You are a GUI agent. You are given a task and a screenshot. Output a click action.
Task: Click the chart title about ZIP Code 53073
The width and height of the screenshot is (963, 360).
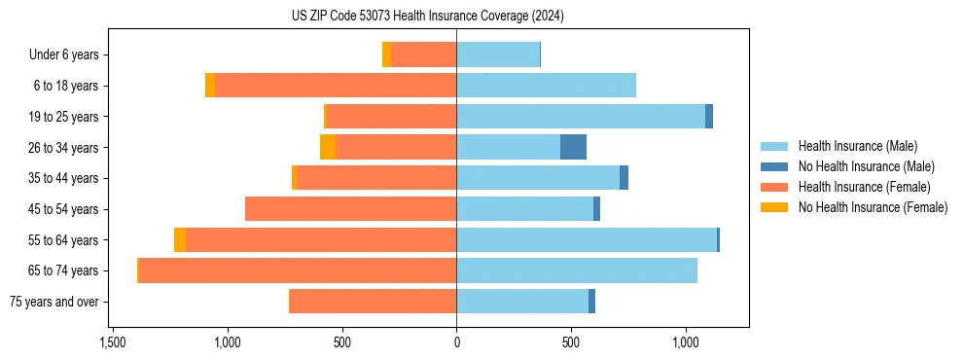[x=427, y=17]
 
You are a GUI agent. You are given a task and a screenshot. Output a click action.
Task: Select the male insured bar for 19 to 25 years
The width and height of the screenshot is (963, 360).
[x=581, y=117]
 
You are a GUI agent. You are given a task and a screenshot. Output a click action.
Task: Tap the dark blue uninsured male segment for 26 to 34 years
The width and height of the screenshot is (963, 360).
[x=573, y=147]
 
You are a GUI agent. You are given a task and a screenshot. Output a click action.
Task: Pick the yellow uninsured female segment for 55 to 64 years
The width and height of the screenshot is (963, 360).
[x=180, y=239]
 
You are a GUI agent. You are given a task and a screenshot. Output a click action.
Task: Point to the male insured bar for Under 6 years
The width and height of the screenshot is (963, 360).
[x=498, y=54]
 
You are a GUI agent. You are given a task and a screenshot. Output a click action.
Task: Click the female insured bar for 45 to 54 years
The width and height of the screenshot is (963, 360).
[x=350, y=209]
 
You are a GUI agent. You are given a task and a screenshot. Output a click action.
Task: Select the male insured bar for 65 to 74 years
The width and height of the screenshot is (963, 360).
[x=577, y=270]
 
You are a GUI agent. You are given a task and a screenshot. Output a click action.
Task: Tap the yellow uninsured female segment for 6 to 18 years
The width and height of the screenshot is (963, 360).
[x=210, y=86]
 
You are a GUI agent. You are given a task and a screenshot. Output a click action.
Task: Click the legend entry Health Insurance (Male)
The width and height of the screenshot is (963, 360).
[x=856, y=146]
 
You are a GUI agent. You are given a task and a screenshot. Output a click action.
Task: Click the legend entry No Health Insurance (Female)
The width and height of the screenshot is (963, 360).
[x=873, y=207]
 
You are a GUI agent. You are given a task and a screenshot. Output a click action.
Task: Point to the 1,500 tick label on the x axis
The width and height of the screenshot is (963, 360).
[x=113, y=342]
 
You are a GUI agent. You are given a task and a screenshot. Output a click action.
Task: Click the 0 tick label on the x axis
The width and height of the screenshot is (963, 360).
[x=456, y=342]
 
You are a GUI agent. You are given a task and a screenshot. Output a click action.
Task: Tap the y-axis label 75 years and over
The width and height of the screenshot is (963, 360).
[x=53, y=302]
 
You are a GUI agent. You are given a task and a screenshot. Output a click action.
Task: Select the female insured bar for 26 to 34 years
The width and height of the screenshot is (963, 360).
[x=396, y=147]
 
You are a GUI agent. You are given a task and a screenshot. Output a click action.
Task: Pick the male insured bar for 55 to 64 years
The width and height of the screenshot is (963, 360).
[x=587, y=239]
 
